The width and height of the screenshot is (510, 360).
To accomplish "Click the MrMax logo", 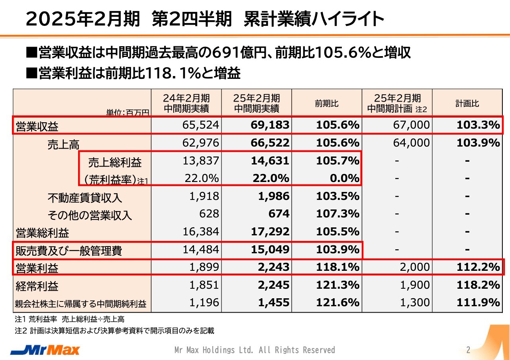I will point(45,350).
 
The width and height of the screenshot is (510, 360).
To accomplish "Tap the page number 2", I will point(468,350).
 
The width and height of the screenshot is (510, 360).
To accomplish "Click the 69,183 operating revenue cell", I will point(270,125).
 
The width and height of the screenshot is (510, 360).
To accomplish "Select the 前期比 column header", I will point(327,104).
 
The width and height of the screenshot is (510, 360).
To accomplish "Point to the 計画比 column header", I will point(467,104).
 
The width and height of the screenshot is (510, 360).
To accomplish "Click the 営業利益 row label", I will point(37,268).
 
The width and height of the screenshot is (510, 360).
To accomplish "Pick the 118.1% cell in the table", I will point(337,267).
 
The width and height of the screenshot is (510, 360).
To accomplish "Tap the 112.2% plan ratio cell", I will point(478,267).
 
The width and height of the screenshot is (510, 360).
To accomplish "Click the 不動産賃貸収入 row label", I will point(84,198).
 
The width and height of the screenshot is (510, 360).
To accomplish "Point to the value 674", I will point(279,214).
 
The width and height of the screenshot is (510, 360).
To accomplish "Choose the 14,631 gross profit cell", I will point(270,161).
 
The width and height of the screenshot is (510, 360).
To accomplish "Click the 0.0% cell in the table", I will point(345,178).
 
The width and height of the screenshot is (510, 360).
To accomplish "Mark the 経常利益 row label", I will point(37,286).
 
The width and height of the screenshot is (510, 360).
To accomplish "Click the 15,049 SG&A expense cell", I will point(270,250).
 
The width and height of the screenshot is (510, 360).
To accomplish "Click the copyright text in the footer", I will point(255,350).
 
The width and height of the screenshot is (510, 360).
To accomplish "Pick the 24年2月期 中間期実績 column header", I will point(186,104).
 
